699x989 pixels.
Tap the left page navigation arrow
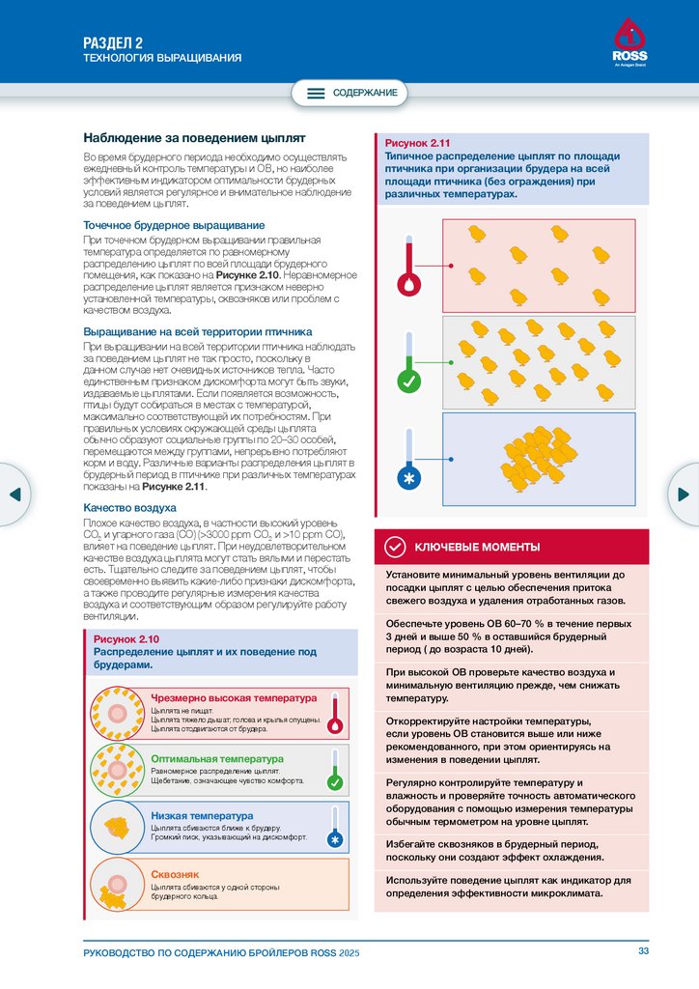coord(14,494)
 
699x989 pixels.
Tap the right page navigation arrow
coord(684,494)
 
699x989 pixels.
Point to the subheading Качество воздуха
coord(129,507)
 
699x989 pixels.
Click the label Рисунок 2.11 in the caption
coord(417,143)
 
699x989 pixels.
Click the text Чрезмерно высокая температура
coord(234,697)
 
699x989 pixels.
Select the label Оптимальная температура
coord(217,758)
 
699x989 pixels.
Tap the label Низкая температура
coord(202,816)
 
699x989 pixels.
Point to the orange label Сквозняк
coord(175,874)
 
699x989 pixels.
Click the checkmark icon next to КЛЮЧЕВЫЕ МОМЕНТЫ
coord(395,548)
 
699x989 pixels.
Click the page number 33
coord(644,952)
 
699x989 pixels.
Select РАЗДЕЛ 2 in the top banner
coord(113,42)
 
